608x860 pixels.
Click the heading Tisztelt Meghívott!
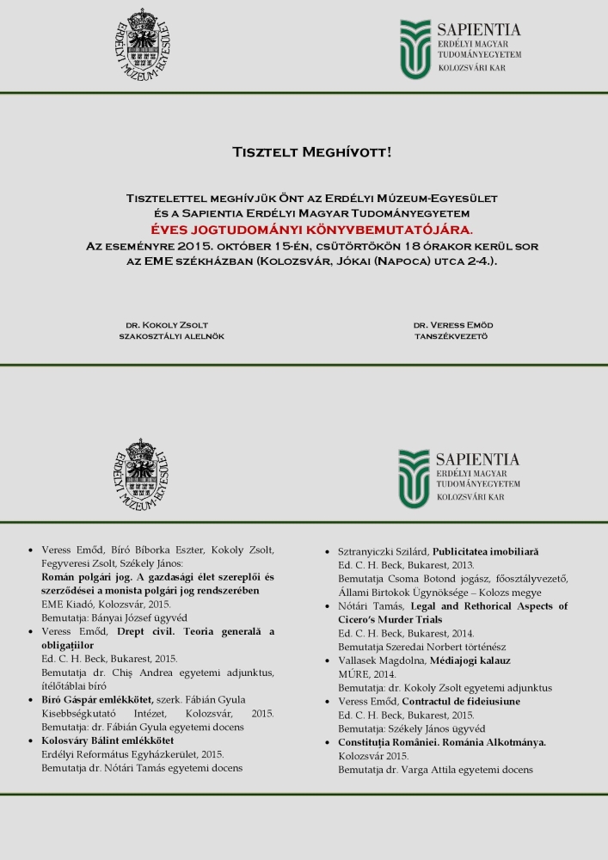coord(311,152)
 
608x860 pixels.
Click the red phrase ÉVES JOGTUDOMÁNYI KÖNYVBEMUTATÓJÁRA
coord(311,230)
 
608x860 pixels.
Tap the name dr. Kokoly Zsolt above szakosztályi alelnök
coord(167,325)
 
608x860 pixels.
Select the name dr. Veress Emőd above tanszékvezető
coord(453,325)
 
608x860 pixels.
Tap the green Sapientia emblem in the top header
coord(415,49)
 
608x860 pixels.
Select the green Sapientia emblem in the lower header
coord(414,479)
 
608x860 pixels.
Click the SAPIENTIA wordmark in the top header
coord(479,30)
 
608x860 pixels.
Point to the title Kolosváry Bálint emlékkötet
coord(107,740)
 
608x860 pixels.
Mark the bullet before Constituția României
coord(329,742)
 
